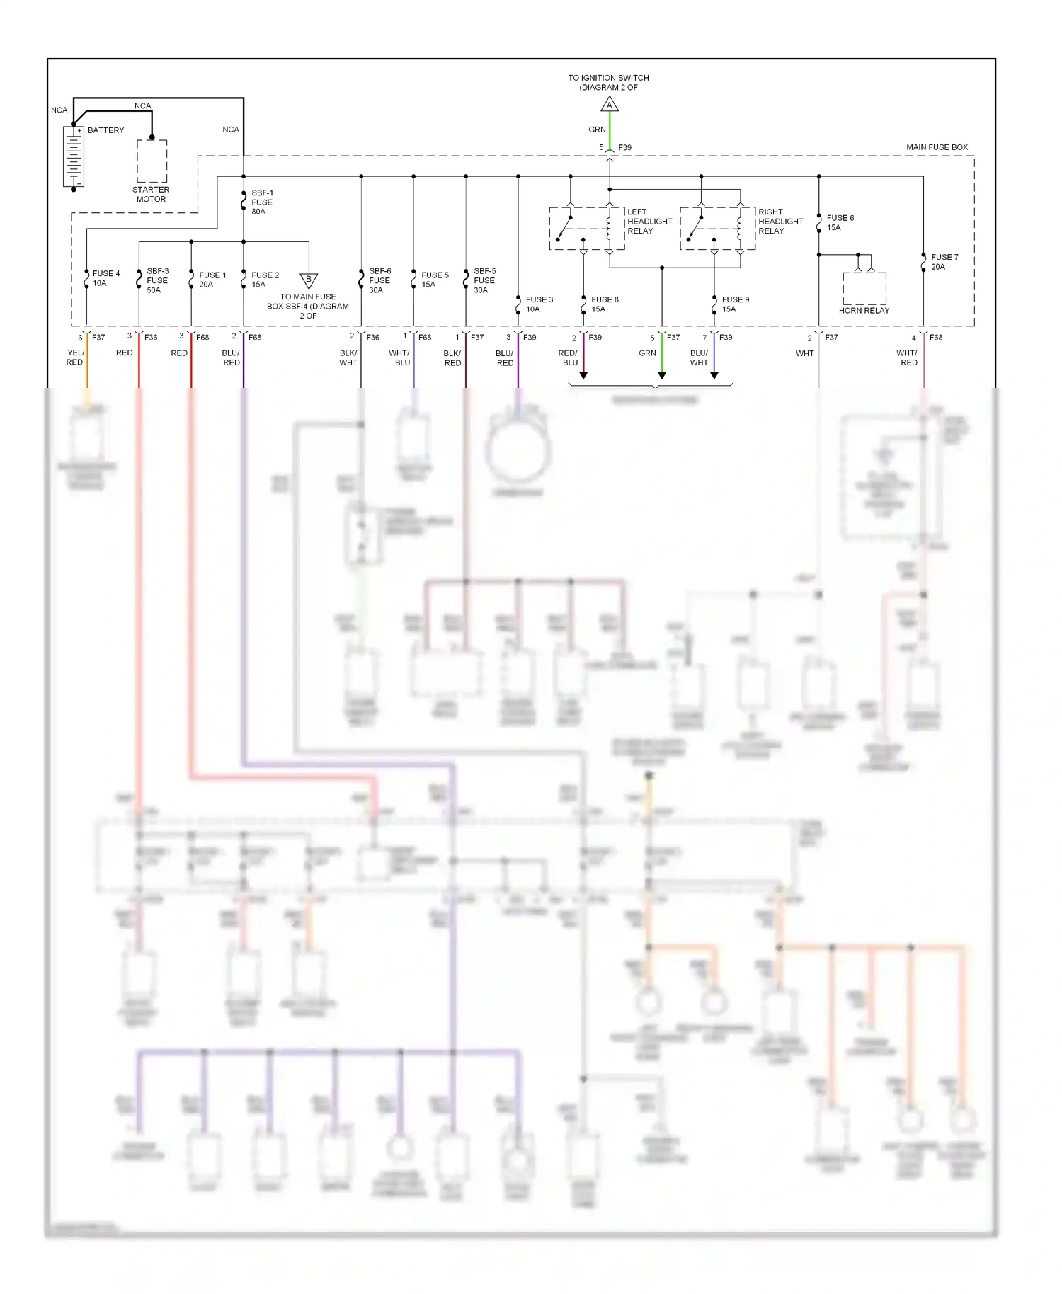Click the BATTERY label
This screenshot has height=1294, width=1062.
pos(105,130)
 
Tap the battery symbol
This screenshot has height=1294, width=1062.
pos(74,156)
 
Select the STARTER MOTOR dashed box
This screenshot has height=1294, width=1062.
pos(152,161)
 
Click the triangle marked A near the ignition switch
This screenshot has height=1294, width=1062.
pos(610,105)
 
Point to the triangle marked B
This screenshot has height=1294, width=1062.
pos(309,280)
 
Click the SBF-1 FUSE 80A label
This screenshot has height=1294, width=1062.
pos(262,202)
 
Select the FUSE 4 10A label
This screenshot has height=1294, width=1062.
pos(105,278)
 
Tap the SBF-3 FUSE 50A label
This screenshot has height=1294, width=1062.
pos(157,280)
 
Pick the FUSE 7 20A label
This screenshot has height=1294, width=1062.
pos(944,262)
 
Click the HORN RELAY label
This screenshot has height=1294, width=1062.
pos(864,311)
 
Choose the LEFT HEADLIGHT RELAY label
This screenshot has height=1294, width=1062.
pos(649,222)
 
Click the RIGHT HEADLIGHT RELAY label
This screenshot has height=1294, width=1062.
pos(780,222)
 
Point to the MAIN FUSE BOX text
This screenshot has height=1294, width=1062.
pos(937,147)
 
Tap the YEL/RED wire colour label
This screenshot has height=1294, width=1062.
pos(75,357)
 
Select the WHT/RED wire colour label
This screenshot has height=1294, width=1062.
pos(908,357)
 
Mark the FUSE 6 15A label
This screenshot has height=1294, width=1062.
pos(840,223)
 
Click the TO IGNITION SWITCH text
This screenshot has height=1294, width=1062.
pos(608,78)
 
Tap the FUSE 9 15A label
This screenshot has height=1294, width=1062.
pos(735,304)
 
